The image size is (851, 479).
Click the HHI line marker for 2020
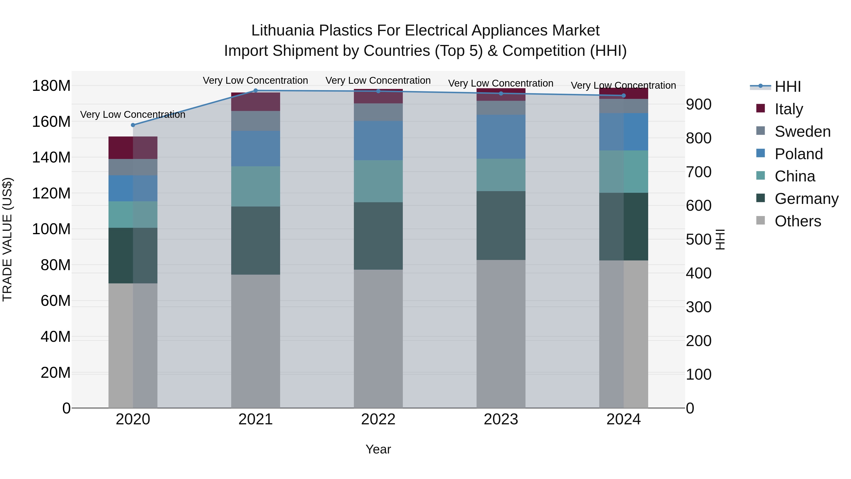pyautogui.click(x=133, y=125)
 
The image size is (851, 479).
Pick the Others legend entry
pyautogui.click(x=798, y=221)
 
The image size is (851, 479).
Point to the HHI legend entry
pyautogui.click(x=788, y=87)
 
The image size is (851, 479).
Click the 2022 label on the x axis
pyautogui.click(x=378, y=419)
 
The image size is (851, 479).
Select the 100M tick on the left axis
pyautogui.click(x=51, y=229)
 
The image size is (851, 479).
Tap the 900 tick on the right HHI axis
pyautogui.click(x=698, y=105)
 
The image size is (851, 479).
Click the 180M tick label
pyautogui.click(x=51, y=86)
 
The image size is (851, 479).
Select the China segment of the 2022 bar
pyautogui.click(x=378, y=181)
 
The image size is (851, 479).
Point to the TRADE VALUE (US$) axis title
pyautogui.click(x=7, y=239)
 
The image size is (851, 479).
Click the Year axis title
pyautogui.click(x=378, y=449)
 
